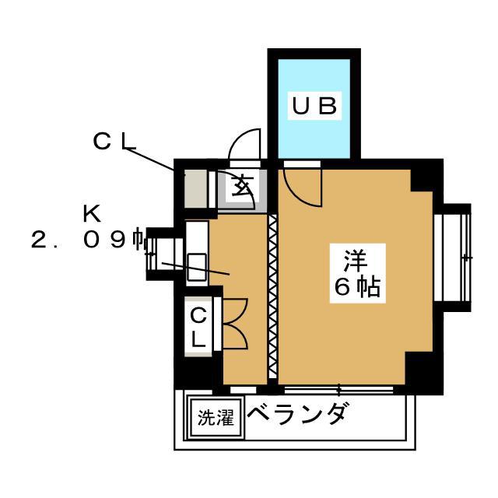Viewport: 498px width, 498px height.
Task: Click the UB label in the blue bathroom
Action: [314, 106]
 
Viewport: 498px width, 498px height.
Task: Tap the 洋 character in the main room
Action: [356, 261]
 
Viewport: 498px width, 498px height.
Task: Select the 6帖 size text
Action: [357, 287]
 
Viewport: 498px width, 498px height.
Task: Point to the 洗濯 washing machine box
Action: [216, 417]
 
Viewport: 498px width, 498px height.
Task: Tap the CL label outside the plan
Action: [114, 142]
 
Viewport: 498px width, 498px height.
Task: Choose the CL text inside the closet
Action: [199, 328]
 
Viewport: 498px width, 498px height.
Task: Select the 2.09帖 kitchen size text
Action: [87, 240]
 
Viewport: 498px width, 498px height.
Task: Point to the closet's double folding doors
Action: [235, 324]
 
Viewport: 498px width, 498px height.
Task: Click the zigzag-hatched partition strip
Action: [272, 296]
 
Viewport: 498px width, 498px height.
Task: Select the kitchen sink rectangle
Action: [197, 267]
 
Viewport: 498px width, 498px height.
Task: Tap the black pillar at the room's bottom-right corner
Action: [424, 372]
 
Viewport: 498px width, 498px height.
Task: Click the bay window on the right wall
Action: [452, 258]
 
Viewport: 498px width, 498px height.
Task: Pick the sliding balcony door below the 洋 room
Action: [338, 390]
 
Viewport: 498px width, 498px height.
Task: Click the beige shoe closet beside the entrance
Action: [195, 188]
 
